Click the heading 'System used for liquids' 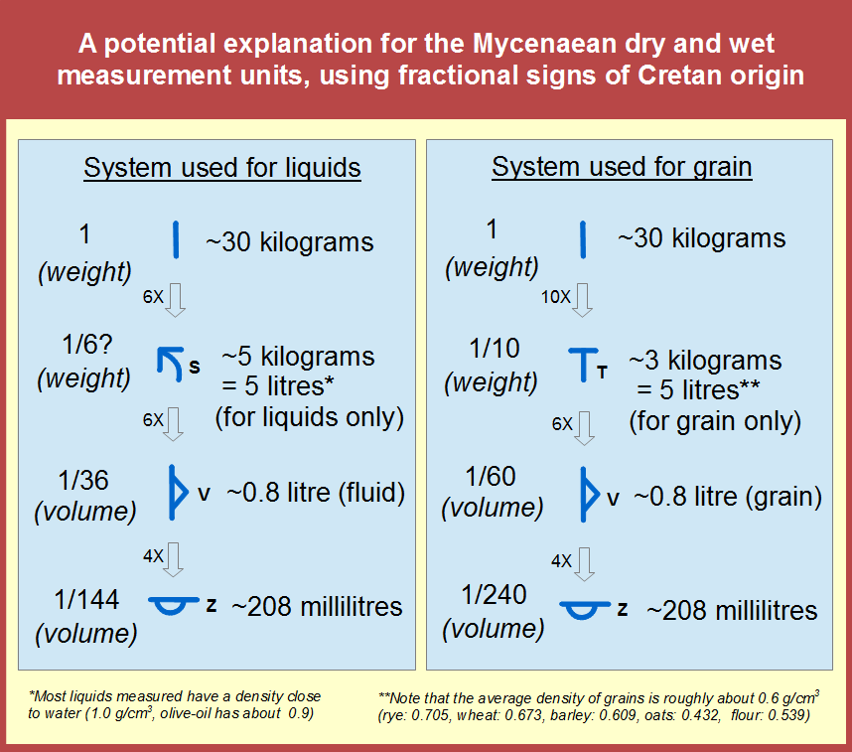(221, 167)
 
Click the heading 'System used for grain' (622, 167)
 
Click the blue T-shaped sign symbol (583, 365)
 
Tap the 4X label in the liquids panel (152, 557)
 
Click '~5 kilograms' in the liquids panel (298, 356)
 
